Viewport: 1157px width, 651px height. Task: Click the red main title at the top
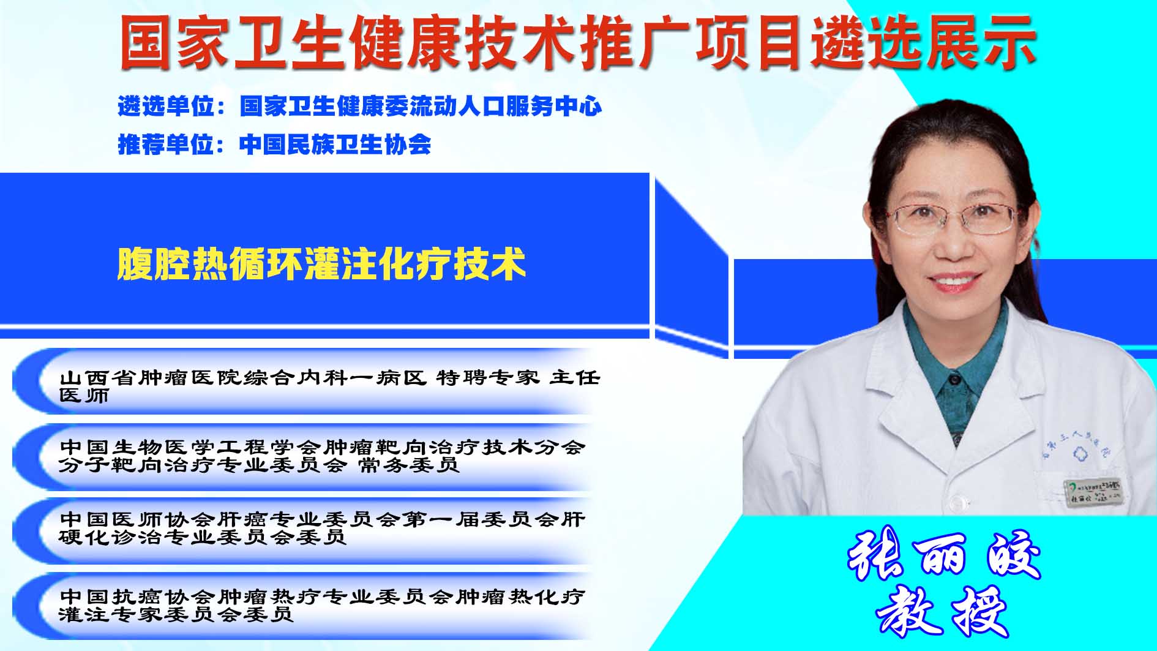click(578, 42)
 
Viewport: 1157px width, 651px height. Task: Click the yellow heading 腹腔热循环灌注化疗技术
click(321, 264)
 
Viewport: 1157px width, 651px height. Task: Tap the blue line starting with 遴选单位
click(360, 106)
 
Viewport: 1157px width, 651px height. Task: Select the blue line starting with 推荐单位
click(274, 145)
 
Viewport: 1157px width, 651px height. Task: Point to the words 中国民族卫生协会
click(335, 145)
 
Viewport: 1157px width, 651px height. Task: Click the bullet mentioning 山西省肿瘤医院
click(330, 386)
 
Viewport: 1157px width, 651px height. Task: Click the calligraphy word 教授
click(943, 612)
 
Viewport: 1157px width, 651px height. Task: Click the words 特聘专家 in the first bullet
click(488, 377)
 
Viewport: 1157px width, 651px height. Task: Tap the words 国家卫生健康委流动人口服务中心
click(421, 106)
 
